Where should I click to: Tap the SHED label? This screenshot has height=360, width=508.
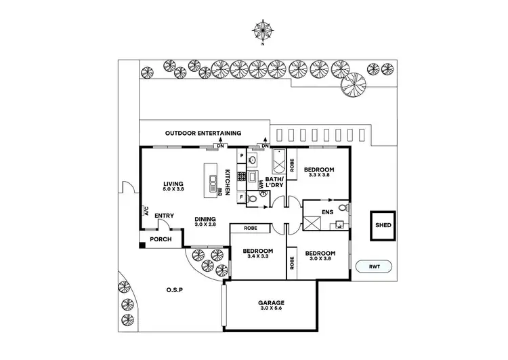coord(383,225)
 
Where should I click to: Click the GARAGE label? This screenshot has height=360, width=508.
coord(270,303)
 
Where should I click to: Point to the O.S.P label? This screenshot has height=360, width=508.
coord(175,290)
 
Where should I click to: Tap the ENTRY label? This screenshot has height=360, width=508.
coord(164,216)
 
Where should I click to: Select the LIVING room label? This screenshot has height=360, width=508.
coord(174,183)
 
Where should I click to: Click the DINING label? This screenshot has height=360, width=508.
coord(205,219)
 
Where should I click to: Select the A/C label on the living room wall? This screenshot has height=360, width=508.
coord(146,211)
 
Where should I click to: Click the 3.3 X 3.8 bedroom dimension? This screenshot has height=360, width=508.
coord(318,175)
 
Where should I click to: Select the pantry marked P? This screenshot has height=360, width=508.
coord(241,156)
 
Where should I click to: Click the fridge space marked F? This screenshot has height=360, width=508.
coord(241,197)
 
